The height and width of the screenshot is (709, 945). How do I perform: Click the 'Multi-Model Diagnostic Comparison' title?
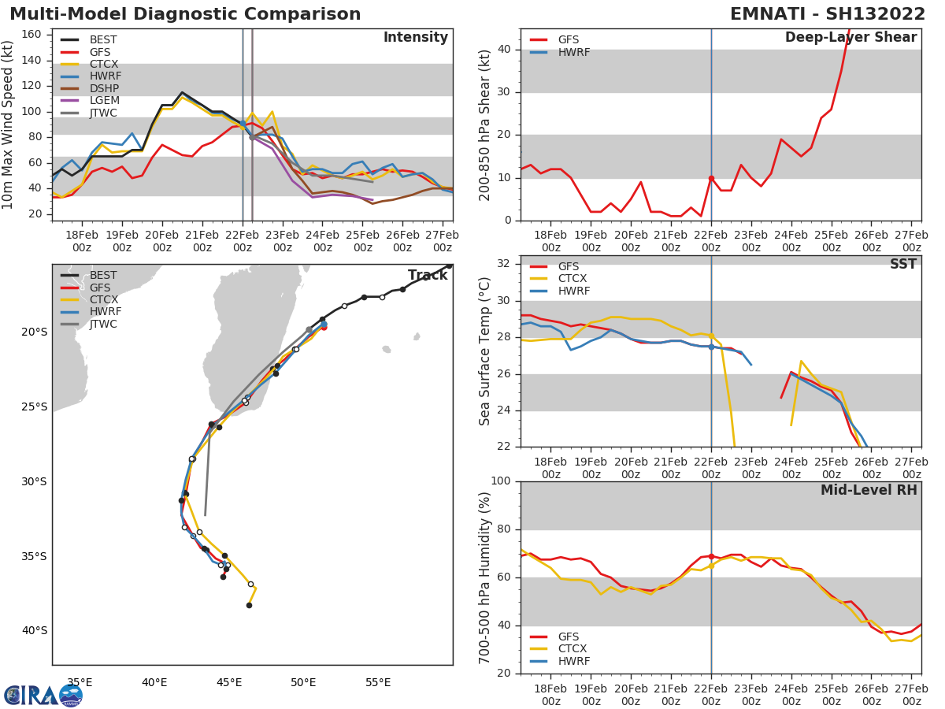tap(185, 14)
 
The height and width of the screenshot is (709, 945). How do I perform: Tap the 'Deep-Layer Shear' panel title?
tap(850, 38)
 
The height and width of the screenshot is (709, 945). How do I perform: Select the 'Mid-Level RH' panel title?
tap(869, 490)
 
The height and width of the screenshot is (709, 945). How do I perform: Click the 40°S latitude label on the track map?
tap(35, 630)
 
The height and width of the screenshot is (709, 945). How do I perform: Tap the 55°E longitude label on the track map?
tap(378, 682)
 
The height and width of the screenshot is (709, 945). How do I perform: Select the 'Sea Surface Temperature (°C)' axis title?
tap(485, 351)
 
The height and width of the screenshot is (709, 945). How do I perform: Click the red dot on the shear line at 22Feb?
tap(711, 179)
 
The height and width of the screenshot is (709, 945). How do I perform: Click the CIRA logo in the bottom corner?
tap(43, 695)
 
